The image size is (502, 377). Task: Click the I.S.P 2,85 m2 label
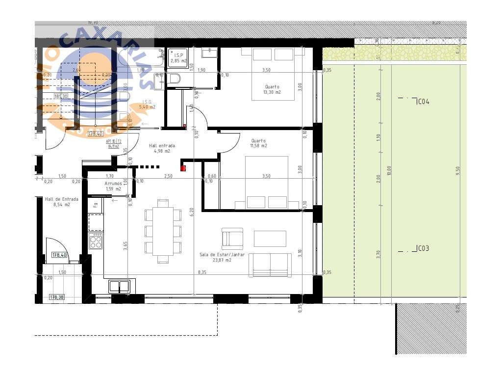click(x=178, y=58)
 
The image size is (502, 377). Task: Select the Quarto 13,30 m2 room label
click(x=273, y=89)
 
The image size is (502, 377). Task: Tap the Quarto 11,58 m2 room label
click(x=258, y=143)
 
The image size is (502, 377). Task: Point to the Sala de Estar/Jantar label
click(x=222, y=257)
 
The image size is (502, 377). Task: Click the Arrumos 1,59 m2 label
click(x=113, y=186)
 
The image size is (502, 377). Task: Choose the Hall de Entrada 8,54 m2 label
click(x=61, y=202)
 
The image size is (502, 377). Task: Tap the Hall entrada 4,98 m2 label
click(x=161, y=148)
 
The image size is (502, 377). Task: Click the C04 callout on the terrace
click(x=423, y=102)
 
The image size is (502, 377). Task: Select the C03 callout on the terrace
click(x=423, y=248)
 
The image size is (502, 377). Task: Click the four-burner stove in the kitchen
click(x=96, y=241)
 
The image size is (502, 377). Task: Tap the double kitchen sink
click(x=119, y=286)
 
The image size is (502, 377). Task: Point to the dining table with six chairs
click(x=163, y=231)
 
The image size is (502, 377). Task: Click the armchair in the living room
click(x=232, y=239)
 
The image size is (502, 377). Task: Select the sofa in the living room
click(x=270, y=266)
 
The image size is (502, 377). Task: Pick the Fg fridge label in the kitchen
click(x=96, y=204)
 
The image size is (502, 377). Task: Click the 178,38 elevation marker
click(x=56, y=297)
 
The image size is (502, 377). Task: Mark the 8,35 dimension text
click(x=202, y=272)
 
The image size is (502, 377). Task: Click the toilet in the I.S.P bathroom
click(x=175, y=78)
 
